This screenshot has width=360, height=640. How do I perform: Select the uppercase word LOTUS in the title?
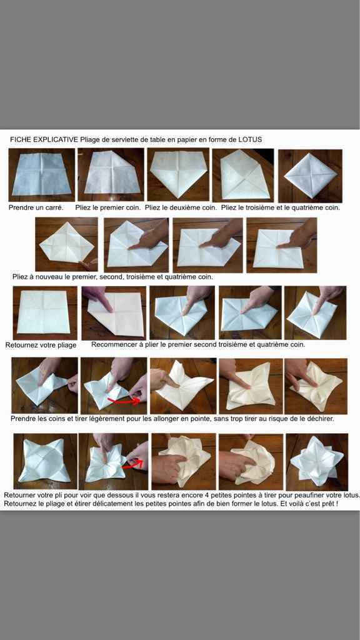(x=250, y=139)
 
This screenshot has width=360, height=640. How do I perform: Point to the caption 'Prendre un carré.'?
(x=36, y=207)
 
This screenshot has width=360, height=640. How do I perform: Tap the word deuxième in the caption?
(x=187, y=207)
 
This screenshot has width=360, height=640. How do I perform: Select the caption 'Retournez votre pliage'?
(x=41, y=345)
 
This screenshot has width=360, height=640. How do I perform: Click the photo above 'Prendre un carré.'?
(x=41, y=174)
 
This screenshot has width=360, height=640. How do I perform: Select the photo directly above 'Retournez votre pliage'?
(x=41, y=311)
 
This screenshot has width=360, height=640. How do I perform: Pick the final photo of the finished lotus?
(x=316, y=461)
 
